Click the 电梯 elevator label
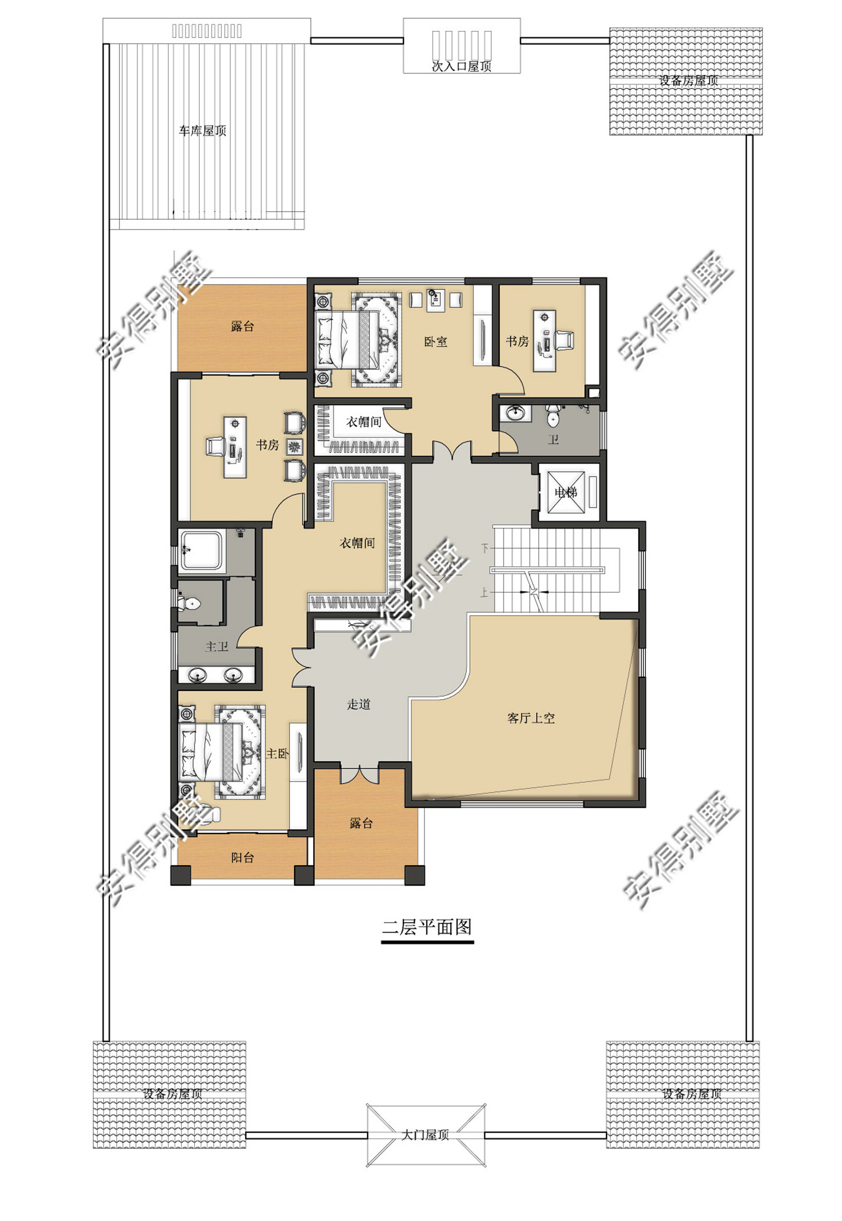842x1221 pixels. coord(566,492)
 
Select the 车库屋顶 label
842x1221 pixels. coord(203,130)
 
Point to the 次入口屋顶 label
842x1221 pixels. coord(462,66)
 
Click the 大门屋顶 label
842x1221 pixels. coord(425,1135)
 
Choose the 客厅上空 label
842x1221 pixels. coord(531,718)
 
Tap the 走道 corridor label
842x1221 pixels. coord(359,704)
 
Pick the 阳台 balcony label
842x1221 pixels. coord(243,858)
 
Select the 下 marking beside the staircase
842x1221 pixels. coord(485,549)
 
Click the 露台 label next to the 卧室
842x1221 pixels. coord(243,327)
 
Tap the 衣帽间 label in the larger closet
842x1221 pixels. coord(357,543)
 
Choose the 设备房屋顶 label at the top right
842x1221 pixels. coord(688,80)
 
